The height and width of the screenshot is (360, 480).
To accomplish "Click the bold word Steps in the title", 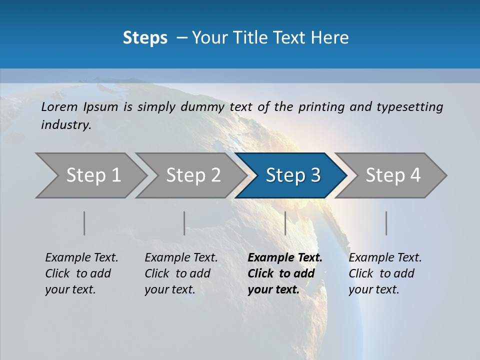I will [145, 38].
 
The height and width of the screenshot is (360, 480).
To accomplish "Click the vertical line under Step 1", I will [84, 223].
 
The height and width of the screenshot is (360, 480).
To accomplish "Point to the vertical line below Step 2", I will [184, 223].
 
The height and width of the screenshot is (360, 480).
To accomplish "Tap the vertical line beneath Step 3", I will [285, 223].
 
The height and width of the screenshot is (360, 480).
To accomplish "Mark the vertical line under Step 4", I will [386, 223].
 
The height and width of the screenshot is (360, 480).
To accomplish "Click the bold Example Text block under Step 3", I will [285, 273].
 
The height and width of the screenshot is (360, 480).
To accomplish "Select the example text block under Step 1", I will [81, 273].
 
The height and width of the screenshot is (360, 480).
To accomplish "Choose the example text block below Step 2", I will [181, 273].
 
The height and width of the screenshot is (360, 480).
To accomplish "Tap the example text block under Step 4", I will [385, 273].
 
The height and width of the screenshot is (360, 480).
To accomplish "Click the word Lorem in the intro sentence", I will [59, 107].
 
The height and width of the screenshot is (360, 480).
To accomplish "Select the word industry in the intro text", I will [65, 125].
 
